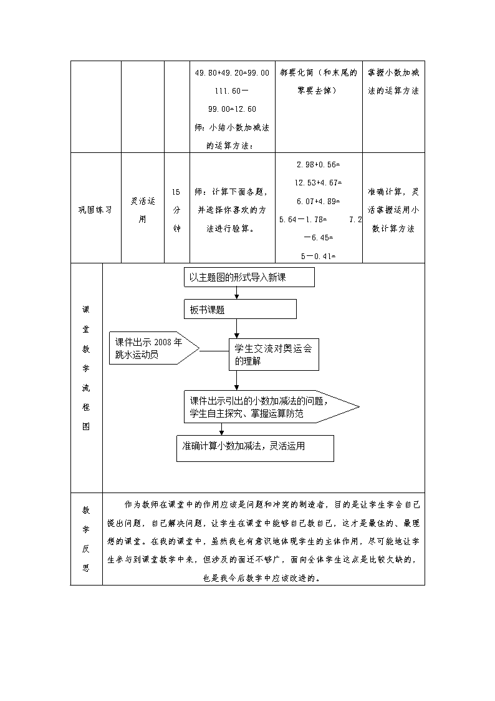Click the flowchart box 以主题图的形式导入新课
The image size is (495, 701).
[x=249, y=277]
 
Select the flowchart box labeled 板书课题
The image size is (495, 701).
[x=240, y=309]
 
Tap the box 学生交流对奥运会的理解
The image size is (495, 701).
[x=274, y=355]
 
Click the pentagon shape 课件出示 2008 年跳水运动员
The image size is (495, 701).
[x=154, y=348]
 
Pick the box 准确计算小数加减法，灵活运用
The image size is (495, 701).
[x=256, y=448]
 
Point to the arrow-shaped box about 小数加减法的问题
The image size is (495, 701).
[x=271, y=407]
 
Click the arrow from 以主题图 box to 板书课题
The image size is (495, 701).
[x=236, y=293]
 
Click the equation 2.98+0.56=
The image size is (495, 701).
[x=318, y=165]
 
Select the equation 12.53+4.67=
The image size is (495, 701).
[x=318, y=183]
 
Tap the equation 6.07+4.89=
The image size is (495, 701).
[x=318, y=201]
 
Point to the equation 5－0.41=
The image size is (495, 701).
[x=318, y=256]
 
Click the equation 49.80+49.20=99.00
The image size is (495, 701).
[x=232, y=73]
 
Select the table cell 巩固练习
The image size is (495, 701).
[x=95, y=210]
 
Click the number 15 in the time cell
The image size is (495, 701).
[x=176, y=192]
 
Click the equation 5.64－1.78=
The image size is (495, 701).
[x=303, y=220]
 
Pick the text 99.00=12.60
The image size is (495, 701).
[x=232, y=109]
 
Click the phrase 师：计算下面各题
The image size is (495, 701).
[x=231, y=192]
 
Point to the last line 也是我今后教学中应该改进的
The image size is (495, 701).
[x=262, y=578]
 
